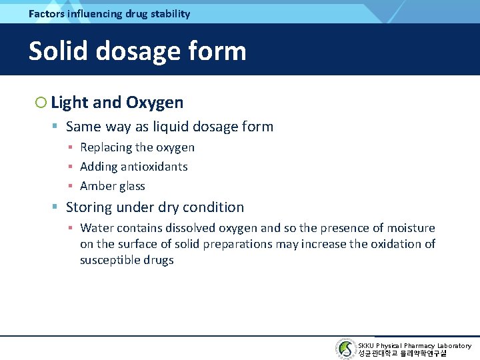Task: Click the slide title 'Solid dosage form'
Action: point(137,51)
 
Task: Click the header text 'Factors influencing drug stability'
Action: point(109,13)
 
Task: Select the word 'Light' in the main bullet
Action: point(69,103)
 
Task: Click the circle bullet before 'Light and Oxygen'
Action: point(41,103)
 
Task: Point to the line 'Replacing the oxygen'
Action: point(137,147)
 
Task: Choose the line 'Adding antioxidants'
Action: point(133,167)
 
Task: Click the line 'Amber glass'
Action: point(112,186)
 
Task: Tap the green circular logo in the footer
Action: point(345,349)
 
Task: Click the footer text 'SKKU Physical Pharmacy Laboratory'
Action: point(414,345)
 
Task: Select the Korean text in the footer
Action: point(402,353)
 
